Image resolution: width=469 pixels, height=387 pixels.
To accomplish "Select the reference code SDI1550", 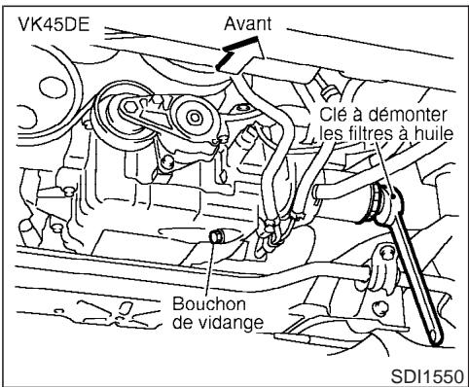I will click(427, 372).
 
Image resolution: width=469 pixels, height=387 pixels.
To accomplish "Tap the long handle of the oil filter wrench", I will click(415, 272).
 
